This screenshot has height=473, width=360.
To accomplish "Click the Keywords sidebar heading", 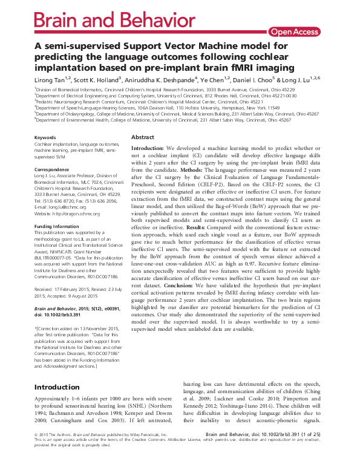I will (46, 138).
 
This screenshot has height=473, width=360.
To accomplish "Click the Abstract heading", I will (143, 138).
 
